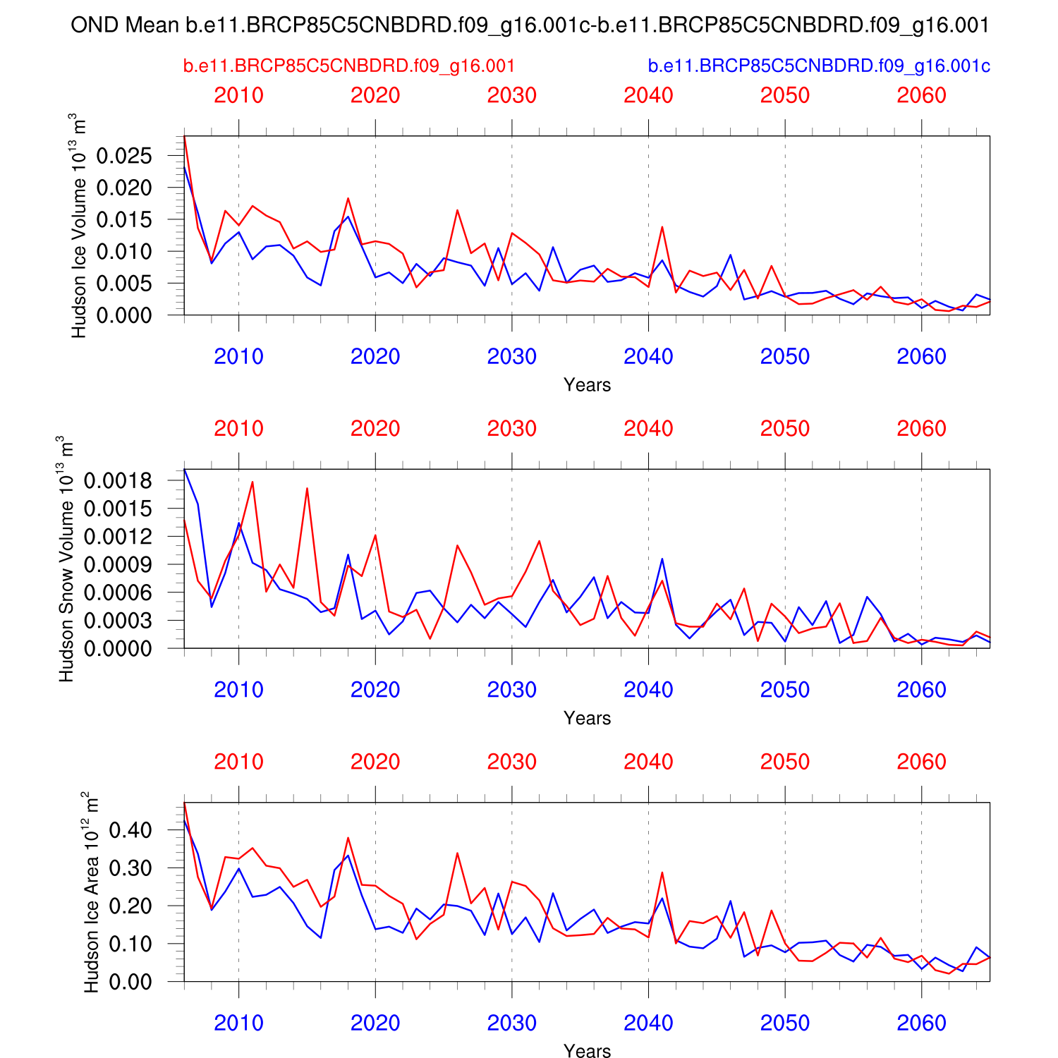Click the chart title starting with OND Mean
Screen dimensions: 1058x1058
coord(530,25)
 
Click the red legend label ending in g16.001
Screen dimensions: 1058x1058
coord(349,66)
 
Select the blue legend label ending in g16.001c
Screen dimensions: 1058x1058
coord(819,66)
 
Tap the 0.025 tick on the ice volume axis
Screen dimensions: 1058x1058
coord(124,156)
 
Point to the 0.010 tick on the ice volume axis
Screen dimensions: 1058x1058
coord(124,252)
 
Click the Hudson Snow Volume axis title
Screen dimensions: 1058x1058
coord(66,559)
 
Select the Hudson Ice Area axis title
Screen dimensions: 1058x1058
coord(91,892)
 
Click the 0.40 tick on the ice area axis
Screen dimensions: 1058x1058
coord(130,830)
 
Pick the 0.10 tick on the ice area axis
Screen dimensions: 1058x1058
coord(130,944)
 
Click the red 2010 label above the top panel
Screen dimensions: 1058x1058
coord(238,95)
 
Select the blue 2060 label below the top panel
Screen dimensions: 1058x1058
coord(921,357)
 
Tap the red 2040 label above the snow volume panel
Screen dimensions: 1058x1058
coord(648,429)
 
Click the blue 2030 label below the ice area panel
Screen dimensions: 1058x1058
coord(511,1023)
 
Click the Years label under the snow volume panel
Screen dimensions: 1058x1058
coord(587,718)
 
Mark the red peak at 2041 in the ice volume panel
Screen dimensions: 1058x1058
coord(662,226)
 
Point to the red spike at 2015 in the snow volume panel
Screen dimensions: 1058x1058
coord(307,488)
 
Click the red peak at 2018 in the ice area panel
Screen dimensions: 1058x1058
coord(348,838)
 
